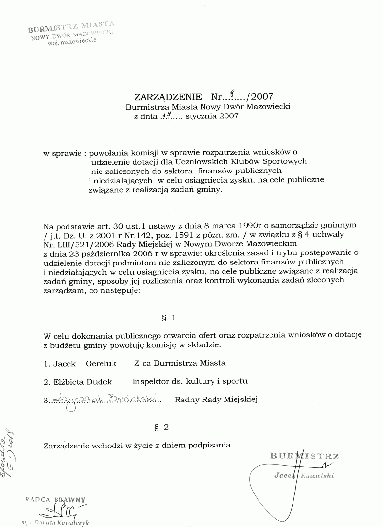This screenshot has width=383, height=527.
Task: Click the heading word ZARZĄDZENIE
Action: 161,97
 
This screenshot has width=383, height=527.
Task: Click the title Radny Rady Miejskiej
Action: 216,399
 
